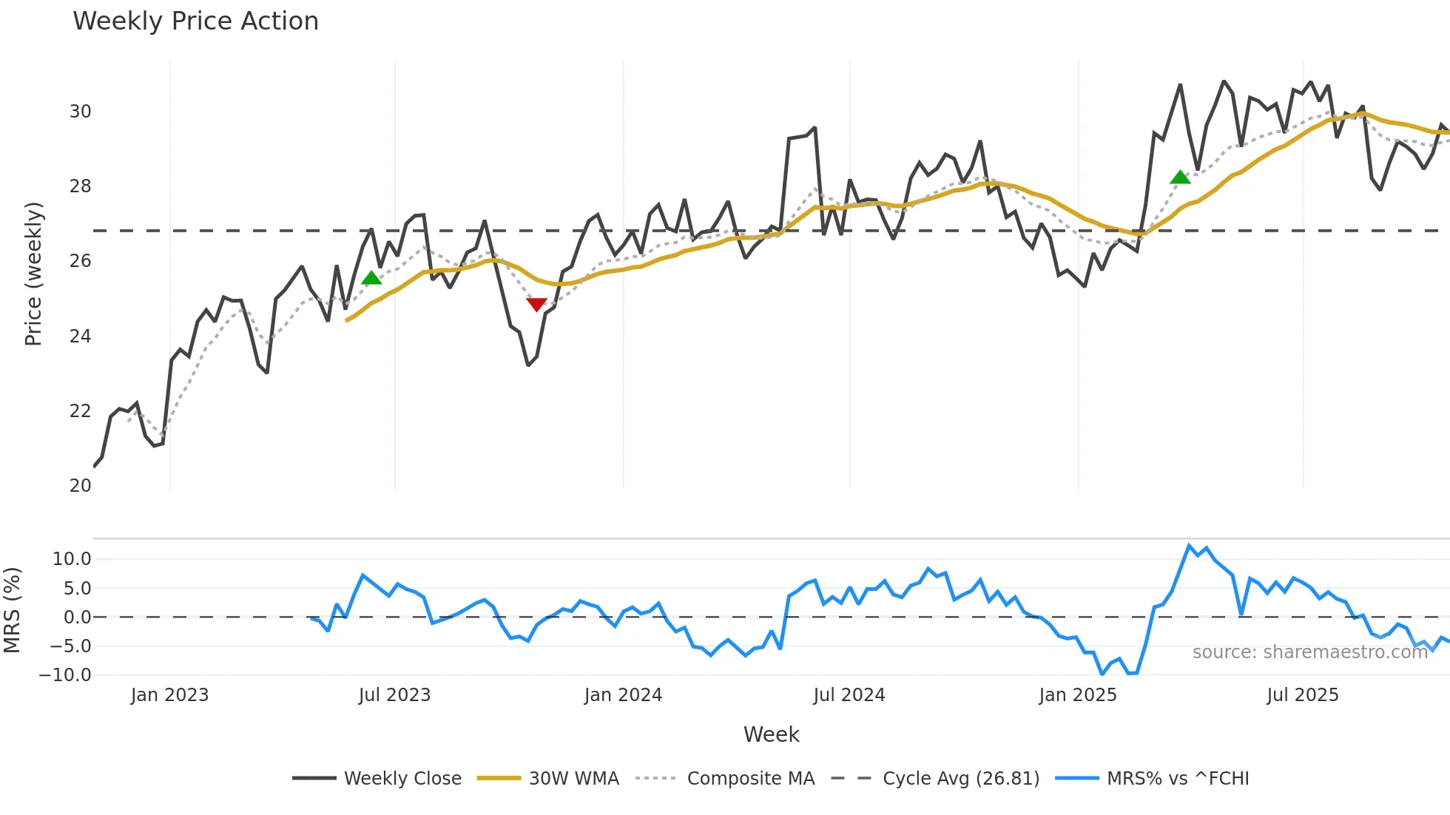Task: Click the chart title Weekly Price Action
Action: coord(195,21)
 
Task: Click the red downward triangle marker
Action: coord(536,304)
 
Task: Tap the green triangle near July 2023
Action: coord(371,277)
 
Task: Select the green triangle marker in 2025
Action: coord(1180,177)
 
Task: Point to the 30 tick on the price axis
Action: coord(80,112)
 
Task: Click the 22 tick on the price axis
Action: coord(80,411)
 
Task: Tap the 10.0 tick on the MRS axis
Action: coord(72,559)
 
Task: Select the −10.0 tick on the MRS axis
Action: coord(65,675)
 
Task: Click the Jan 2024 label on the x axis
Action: coord(623,695)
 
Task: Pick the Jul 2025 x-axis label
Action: coord(1302,695)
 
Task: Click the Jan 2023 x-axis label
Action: coord(169,695)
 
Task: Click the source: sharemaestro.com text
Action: coord(1309,652)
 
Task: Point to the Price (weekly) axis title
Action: coord(34,274)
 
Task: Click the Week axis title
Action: coord(771,734)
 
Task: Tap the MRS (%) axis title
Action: coord(12,610)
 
